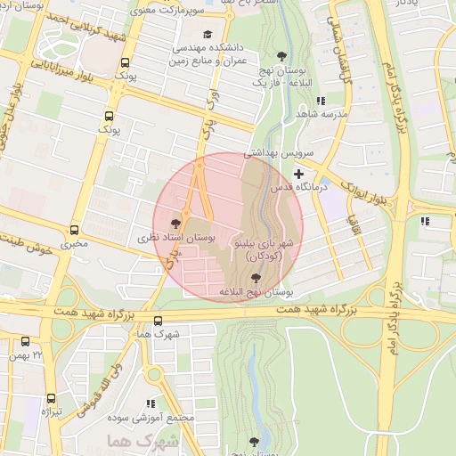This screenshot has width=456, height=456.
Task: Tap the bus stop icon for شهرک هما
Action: pos(158,322)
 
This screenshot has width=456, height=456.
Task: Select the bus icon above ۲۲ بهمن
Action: pos(25,341)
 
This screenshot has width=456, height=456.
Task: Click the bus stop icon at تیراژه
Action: pos(50,399)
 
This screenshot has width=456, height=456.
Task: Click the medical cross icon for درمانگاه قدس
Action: pos(298,174)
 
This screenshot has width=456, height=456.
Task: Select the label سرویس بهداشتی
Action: pos(280,153)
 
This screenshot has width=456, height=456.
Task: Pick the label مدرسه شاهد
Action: pos(326,115)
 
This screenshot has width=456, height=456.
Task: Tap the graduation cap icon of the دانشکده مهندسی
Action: pos(208,35)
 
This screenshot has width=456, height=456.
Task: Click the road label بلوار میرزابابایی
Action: pos(61,64)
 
